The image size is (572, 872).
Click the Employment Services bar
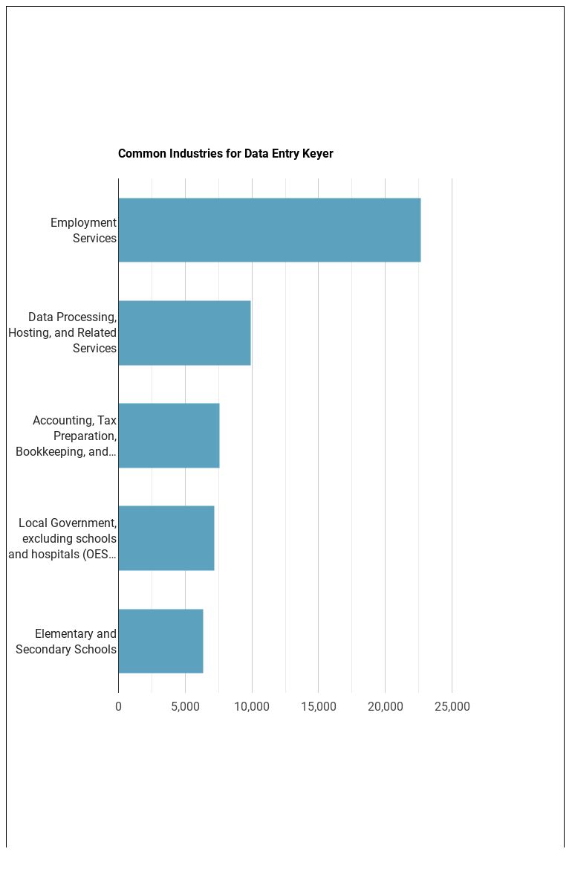(269, 230)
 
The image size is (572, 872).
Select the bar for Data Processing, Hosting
(184, 333)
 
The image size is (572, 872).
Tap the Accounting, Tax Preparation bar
(169, 436)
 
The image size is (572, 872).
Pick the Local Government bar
(166, 538)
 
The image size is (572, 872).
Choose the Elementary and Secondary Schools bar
(160, 641)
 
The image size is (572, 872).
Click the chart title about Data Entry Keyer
(225, 154)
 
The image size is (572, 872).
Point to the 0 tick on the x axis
(118, 706)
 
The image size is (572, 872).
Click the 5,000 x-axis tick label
(185, 706)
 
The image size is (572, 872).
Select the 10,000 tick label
(252, 706)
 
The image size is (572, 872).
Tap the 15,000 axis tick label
(318, 706)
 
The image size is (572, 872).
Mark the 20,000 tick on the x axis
(385, 706)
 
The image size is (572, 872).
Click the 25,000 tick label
(452, 706)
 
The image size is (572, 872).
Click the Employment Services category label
(83, 230)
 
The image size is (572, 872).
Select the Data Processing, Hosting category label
(62, 333)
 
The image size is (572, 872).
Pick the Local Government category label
(62, 538)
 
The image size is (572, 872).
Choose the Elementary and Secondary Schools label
(66, 641)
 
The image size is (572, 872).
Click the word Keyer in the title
(318, 154)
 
